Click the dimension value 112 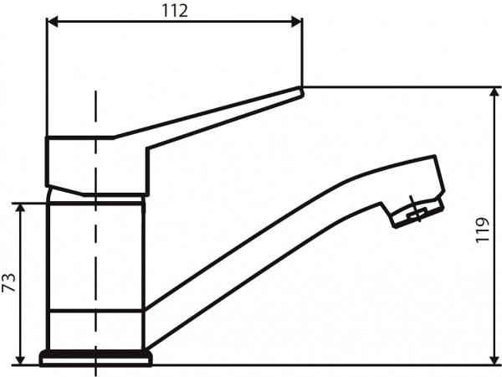click(x=175, y=10)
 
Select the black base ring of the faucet click(x=96, y=359)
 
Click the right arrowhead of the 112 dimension click(x=295, y=23)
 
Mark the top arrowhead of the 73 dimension click(x=20, y=207)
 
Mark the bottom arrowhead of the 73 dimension click(x=20, y=359)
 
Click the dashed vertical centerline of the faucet click(x=96, y=251)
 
